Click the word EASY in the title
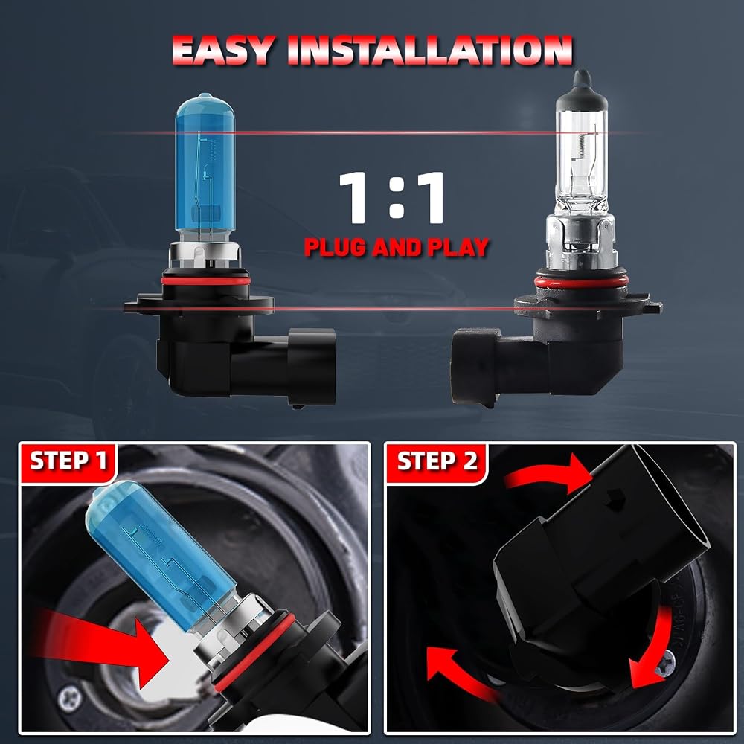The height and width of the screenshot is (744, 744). pyautogui.click(x=223, y=51)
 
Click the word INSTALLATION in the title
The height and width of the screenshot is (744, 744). pyautogui.click(x=430, y=51)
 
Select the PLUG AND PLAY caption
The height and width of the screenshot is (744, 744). pyautogui.click(x=397, y=247)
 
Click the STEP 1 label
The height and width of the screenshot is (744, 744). pyautogui.click(x=68, y=461)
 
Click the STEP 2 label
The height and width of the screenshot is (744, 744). pyautogui.click(x=437, y=461)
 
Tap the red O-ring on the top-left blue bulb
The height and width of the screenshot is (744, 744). pyautogui.click(x=206, y=280)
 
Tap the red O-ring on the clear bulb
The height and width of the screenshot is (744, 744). pyautogui.click(x=581, y=282)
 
